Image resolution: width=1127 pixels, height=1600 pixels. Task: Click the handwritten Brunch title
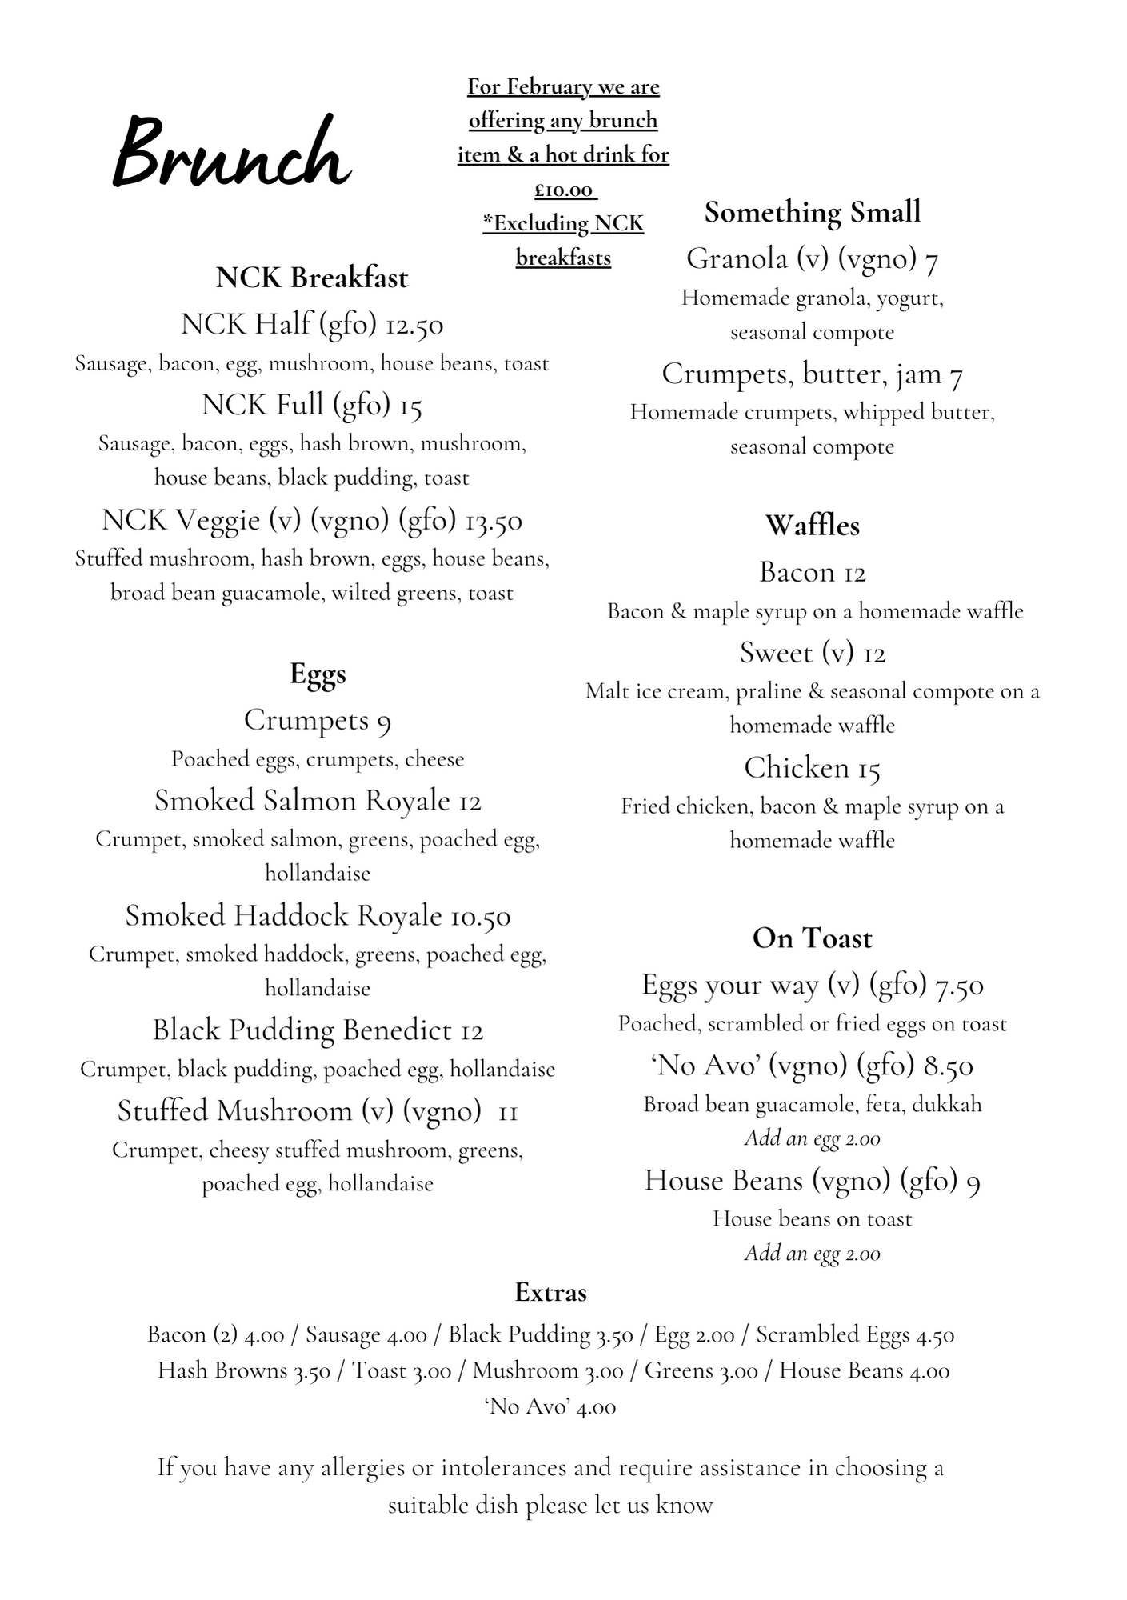[x=232, y=152]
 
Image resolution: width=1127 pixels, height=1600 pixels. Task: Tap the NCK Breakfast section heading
[x=312, y=278]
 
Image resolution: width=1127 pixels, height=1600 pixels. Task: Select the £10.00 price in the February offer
[x=564, y=190]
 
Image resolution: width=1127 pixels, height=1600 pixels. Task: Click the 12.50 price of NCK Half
[x=414, y=325]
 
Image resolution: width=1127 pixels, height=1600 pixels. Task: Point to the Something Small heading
[x=813, y=212]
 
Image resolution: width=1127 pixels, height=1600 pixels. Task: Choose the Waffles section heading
[x=813, y=526]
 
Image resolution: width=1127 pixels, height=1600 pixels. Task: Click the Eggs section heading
[x=318, y=674]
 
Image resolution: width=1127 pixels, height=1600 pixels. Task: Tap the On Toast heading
[x=813, y=938]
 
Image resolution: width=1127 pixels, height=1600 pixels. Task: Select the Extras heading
[x=550, y=1293]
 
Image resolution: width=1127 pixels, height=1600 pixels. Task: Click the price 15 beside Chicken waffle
[x=869, y=769]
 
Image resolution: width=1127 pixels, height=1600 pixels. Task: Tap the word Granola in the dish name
[x=737, y=258]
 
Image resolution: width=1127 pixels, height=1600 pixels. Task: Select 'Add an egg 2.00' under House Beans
[x=813, y=1254]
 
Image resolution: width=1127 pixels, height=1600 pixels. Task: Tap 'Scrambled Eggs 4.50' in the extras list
[x=855, y=1334]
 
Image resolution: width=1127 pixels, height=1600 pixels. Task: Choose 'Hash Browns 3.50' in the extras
[x=244, y=1370]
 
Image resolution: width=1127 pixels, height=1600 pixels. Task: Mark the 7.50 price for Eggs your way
[x=960, y=986]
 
